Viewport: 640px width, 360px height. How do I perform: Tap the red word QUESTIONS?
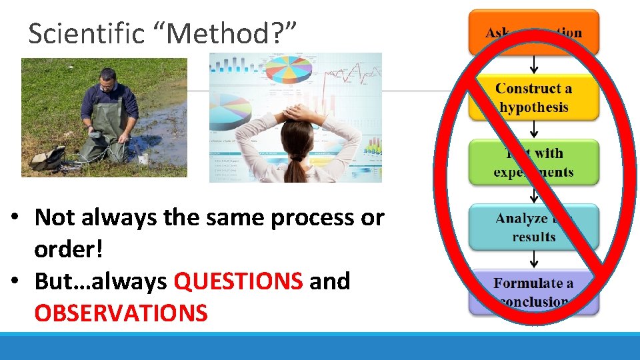point(238,281)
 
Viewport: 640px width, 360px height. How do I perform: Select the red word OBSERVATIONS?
point(121,313)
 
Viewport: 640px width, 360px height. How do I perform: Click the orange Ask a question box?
point(533,32)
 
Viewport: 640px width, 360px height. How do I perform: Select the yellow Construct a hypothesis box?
point(533,97)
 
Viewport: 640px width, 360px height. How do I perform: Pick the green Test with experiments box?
point(533,162)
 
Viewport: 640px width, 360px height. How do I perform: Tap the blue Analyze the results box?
point(533,227)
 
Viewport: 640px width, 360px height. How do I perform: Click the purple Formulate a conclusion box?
point(533,292)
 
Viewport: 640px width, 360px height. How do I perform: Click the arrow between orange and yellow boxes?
point(533,64)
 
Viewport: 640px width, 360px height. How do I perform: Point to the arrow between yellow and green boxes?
point(533,129)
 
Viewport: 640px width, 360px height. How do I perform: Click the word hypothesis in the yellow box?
point(533,107)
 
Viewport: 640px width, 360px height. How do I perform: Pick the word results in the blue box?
point(533,237)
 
